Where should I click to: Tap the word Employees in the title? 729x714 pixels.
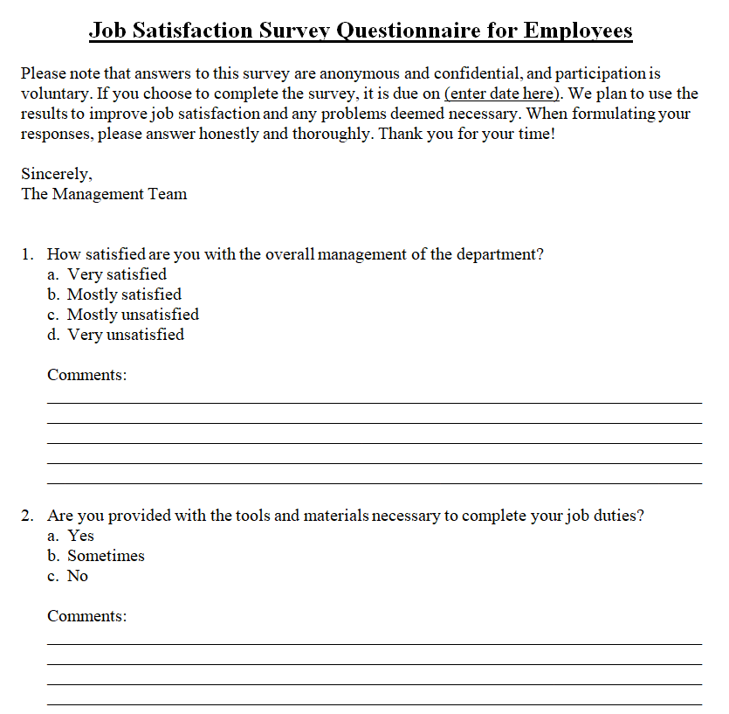pyautogui.click(x=578, y=31)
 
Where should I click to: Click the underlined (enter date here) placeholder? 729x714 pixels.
pyautogui.click(x=503, y=94)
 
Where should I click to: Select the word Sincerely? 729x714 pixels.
pyautogui.click(x=57, y=174)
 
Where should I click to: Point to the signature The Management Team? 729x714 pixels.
pyautogui.click(x=104, y=194)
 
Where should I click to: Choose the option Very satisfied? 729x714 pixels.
pyautogui.click(x=117, y=274)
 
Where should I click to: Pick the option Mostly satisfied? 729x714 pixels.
pyautogui.click(x=124, y=295)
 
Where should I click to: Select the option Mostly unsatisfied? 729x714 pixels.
pyautogui.click(x=133, y=315)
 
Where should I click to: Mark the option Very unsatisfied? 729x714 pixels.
pyautogui.click(x=126, y=335)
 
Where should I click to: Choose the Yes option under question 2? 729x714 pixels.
pyautogui.click(x=80, y=536)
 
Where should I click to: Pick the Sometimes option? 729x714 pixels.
pyautogui.click(x=106, y=556)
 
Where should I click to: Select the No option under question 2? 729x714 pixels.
pyautogui.click(x=78, y=576)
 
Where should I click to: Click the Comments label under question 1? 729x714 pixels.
pyautogui.click(x=86, y=375)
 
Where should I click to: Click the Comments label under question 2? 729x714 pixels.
pyautogui.click(x=86, y=616)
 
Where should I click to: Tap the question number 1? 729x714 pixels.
pyautogui.click(x=29, y=254)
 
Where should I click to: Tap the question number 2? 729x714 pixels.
pyautogui.click(x=29, y=516)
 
